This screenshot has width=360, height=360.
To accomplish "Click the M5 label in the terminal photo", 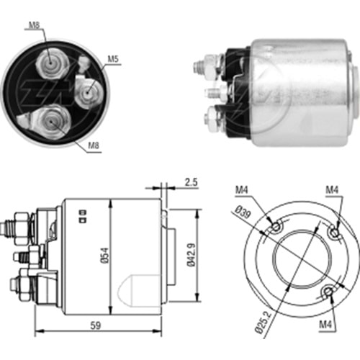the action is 113,59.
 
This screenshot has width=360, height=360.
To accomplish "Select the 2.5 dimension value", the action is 191,182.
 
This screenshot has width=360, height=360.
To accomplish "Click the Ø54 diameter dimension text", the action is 106,256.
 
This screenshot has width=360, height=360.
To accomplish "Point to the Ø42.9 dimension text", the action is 192,256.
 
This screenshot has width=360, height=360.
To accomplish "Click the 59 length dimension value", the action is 95,325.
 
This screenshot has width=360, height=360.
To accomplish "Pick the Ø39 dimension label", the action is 243,213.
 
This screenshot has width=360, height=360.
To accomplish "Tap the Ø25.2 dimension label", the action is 264,321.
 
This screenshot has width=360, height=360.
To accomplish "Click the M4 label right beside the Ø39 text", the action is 241,190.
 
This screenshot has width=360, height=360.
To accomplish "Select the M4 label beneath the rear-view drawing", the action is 325,325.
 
